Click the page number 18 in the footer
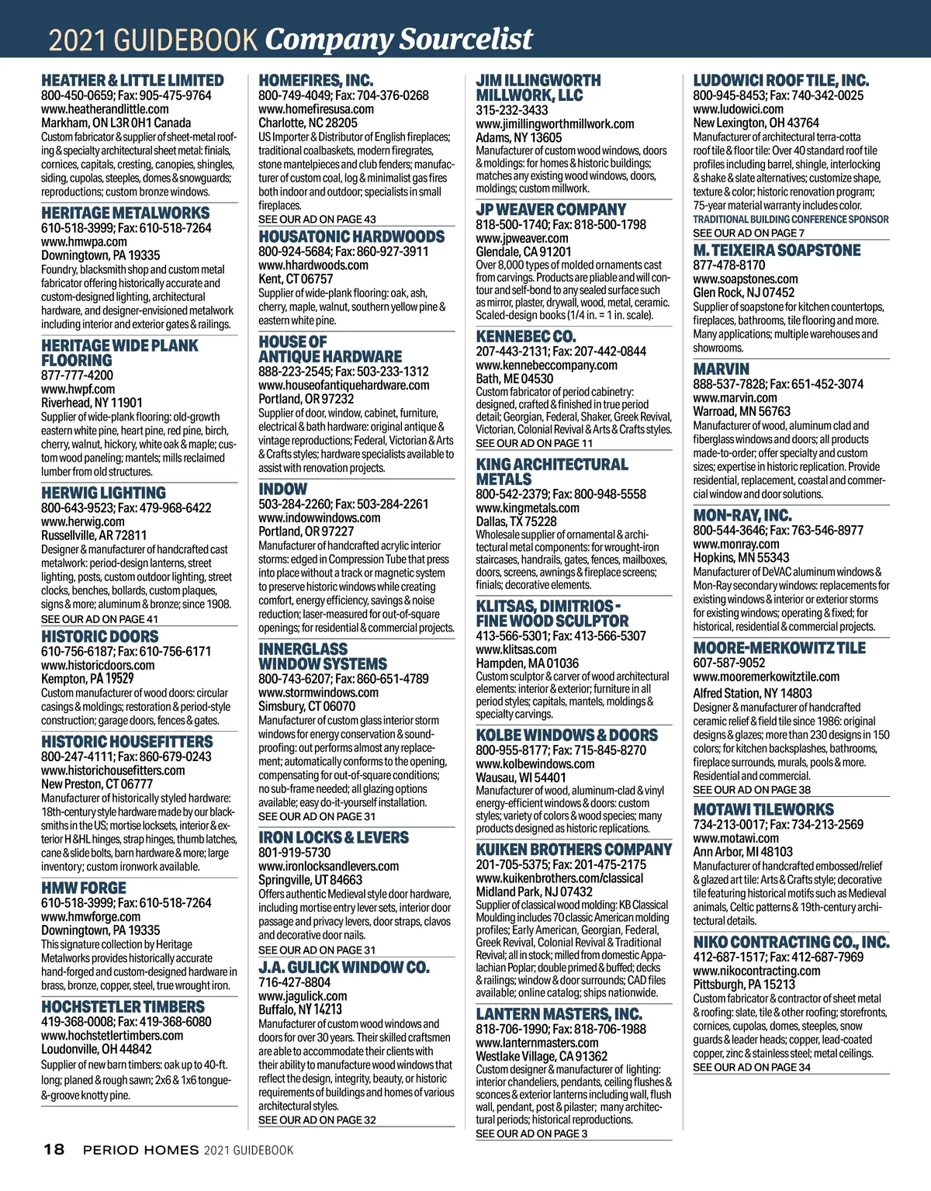pos(54,1149)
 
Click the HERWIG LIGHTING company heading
pos(103,493)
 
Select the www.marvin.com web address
pos(735,397)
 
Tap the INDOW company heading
pos(282,489)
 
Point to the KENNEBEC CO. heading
pos(525,337)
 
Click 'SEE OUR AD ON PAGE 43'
pos(317,220)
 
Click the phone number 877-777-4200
pos(77,375)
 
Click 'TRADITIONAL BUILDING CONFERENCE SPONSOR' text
pos(791,220)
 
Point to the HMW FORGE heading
pos(83,888)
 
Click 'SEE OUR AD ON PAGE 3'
pos(531,1134)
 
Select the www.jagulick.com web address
pos(303,996)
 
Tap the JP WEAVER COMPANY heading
pos(550,209)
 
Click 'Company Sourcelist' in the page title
pos(399,39)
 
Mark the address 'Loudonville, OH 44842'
pos(96,1049)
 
